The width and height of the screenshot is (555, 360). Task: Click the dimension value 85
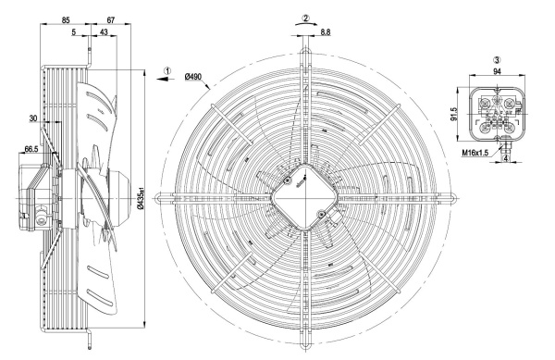point(66,19)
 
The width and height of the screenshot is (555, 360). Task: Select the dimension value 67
point(111,19)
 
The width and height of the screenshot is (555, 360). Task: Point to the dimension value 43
point(104,32)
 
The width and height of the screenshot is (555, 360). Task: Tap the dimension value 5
point(74,32)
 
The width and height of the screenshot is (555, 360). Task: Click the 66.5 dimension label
point(31,149)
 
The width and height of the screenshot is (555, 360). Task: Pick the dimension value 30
point(33,118)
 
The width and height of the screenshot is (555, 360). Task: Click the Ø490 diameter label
point(193,77)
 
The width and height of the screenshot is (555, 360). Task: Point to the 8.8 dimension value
point(326,32)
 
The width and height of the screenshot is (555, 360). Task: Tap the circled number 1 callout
point(167,70)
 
